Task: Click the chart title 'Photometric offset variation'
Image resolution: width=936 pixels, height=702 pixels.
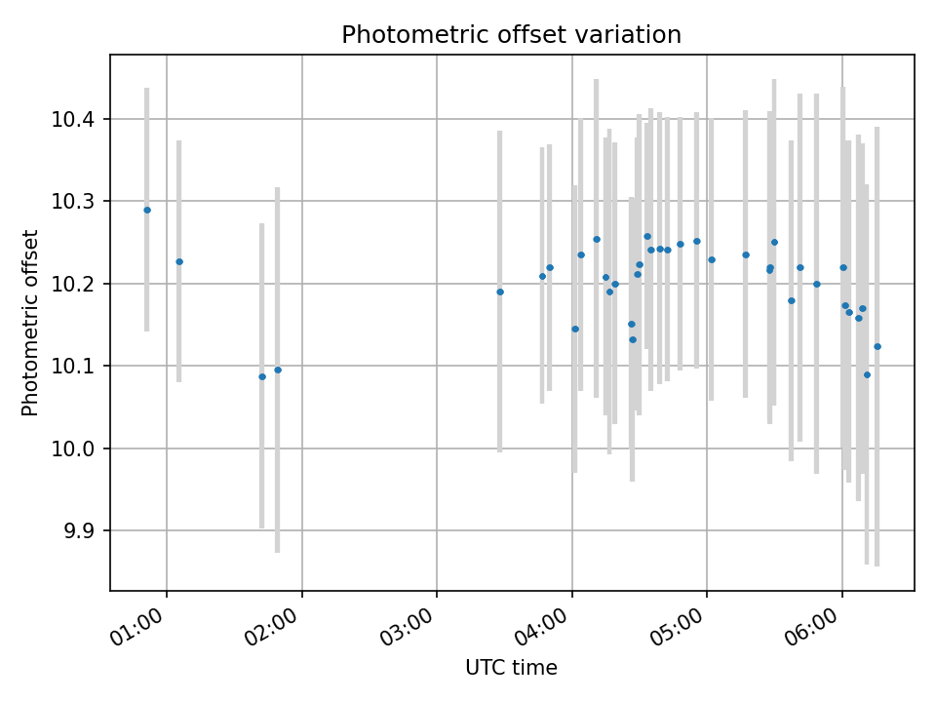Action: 511,35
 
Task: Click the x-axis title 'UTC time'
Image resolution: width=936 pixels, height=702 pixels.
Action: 511,668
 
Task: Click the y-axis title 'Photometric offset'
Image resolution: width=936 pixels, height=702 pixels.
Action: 30,323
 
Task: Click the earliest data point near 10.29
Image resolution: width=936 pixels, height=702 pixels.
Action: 147,210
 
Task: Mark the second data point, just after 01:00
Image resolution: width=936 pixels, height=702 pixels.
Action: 179,261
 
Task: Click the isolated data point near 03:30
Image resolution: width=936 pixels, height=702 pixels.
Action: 500,292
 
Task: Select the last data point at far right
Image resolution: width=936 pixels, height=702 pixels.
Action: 877,346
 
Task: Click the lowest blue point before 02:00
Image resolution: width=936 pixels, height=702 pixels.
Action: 262,376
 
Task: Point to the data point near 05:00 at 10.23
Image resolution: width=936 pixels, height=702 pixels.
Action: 712,259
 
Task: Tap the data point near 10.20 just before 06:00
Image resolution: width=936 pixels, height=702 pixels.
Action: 817,284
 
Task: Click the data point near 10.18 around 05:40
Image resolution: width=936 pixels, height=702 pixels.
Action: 792,300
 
